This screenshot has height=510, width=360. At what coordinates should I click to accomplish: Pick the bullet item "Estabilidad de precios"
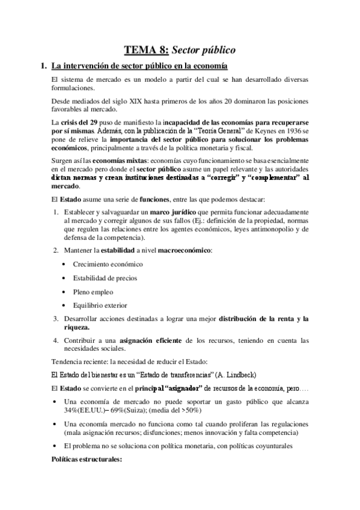[105, 278]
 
